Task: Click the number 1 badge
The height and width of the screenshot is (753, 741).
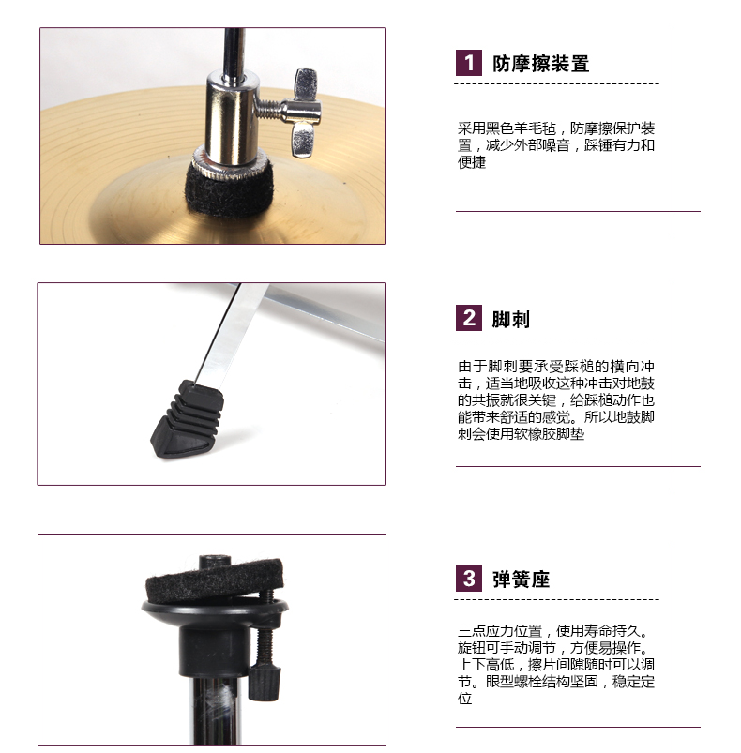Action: click(469, 63)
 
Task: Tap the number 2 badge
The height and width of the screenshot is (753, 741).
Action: click(469, 318)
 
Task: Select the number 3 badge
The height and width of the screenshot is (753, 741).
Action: click(469, 579)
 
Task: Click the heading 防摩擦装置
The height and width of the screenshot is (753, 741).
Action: click(541, 64)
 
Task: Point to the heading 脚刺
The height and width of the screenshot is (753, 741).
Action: click(511, 320)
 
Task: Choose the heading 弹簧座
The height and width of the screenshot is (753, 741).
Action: click(522, 580)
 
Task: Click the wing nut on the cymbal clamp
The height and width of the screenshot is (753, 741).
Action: click(305, 113)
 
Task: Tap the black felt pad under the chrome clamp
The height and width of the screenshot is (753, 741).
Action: click(229, 188)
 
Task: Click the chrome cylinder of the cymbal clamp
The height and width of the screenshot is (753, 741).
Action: click(232, 118)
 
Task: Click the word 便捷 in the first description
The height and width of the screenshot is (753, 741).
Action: click(472, 162)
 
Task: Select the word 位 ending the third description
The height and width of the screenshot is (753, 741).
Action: click(465, 699)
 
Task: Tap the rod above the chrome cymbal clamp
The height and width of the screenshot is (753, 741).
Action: click(234, 50)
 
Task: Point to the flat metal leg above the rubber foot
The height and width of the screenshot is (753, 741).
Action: click(232, 334)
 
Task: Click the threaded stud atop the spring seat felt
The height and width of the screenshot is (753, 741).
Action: click(215, 562)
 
